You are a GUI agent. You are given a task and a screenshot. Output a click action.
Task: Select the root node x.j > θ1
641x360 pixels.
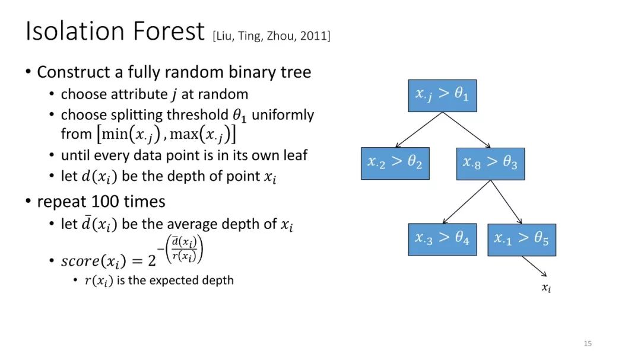click(442, 95)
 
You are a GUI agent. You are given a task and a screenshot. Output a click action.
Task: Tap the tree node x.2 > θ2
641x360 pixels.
click(395, 164)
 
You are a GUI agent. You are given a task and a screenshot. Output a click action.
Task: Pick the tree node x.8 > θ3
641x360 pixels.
click(491, 164)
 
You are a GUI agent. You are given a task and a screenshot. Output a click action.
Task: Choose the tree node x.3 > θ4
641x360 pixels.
click(442, 240)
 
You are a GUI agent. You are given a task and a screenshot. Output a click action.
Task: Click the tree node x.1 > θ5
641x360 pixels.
click(522, 240)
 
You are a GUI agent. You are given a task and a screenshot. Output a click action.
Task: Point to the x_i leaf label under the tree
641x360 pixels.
click(547, 288)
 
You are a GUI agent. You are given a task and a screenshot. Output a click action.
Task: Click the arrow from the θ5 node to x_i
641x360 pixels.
click(534, 266)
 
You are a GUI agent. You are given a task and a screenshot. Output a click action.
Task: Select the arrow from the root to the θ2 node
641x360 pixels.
click(418, 129)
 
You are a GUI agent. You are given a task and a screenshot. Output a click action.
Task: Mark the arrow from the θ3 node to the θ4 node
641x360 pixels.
click(467, 202)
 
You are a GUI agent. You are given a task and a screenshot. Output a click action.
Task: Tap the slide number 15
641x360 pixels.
click(588, 343)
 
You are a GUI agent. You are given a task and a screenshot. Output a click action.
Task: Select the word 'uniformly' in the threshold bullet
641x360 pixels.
click(283, 115)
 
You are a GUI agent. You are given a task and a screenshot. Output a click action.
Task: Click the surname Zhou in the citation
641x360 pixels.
click(280, 36)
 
